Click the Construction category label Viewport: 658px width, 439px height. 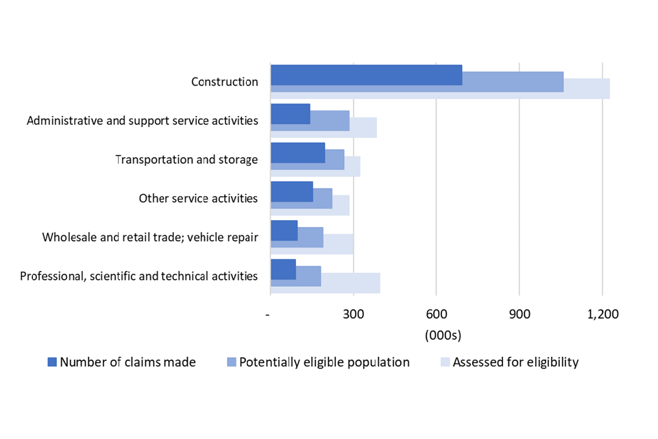tap(224, 82)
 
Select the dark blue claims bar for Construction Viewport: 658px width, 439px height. tap(366, 75)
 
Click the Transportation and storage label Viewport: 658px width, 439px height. tap(186, 160)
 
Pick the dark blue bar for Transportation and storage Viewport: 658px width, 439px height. tap(297, 153)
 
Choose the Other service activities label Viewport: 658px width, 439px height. tap(198, 199)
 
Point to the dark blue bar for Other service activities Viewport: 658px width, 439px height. tap(291, 192)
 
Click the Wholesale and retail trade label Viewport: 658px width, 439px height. tap(150, 238)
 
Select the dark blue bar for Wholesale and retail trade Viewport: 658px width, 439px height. tap(284, 230)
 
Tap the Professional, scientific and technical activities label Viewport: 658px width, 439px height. tap(139, 276)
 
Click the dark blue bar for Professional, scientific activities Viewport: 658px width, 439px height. tap(283, 270)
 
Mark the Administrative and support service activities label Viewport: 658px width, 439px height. tap(143, 121)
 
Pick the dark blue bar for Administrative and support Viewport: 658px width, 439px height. tap(290, 114)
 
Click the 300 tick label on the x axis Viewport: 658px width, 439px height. tap(353, 314)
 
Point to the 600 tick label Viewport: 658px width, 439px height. tap(436, 314)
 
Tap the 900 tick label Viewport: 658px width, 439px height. tap(519, 314)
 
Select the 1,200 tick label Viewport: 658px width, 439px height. tap(602, 314)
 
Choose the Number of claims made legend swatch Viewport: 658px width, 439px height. tap(52, 362)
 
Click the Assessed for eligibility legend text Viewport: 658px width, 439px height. tap(515, 362)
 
